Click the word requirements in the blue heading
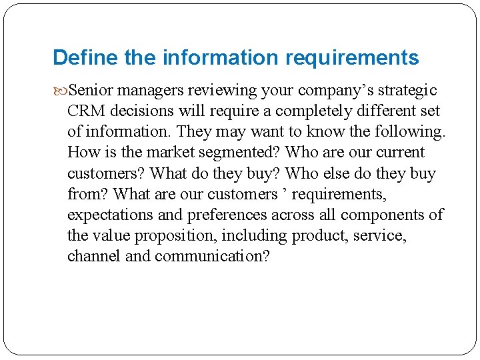click(352, 58)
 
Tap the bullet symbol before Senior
click(61, 90)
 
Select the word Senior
click(93, 90)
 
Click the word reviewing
click(226, 90)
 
